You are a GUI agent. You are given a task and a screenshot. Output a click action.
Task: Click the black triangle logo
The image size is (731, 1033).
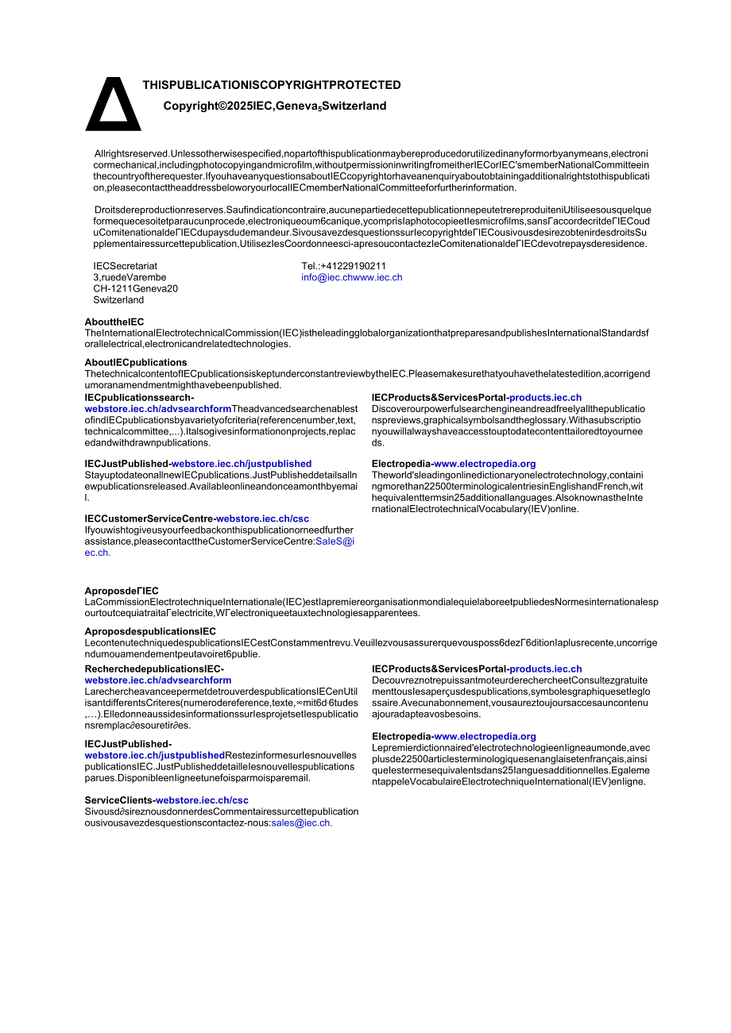[114, 105]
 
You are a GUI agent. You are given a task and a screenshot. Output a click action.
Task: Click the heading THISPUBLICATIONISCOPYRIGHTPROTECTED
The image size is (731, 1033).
[272, 85]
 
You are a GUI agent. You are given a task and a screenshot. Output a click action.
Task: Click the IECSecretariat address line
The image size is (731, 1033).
[125, 266]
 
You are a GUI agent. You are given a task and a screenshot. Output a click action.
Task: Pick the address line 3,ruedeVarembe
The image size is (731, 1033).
[130, 278]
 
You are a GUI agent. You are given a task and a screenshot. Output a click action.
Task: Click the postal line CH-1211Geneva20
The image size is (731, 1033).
[135, 289]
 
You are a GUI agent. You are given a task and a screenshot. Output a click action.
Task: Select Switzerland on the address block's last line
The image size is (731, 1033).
[118, 300]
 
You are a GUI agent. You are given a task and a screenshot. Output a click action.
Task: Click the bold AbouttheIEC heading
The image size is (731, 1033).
[114, 322]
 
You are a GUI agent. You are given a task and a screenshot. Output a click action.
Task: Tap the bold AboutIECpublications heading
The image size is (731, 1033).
[136, 363]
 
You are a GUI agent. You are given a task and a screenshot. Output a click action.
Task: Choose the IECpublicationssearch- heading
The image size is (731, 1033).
[139, 397]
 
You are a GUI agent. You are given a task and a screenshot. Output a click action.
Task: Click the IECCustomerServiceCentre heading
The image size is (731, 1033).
[150, 519]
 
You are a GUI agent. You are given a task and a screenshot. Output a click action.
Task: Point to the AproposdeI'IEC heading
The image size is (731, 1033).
[122, 591]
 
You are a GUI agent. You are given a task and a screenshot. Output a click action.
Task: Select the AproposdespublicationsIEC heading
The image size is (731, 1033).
[150, 632]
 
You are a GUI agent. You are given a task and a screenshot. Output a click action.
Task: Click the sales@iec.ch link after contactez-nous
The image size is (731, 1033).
[301, 823]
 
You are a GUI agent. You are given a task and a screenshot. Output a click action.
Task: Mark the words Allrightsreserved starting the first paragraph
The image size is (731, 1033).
[132, 153]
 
